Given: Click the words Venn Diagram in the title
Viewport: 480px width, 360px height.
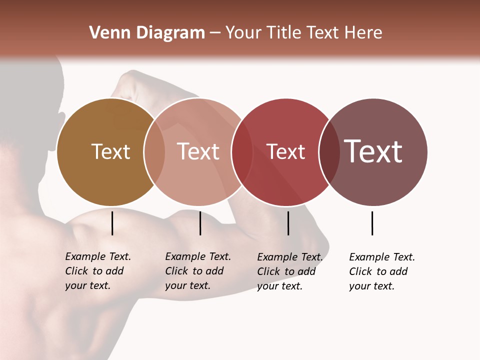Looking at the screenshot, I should click(147, 33).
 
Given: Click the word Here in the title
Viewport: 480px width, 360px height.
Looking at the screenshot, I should click(364, 33).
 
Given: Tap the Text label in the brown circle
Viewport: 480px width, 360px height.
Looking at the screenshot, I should click(110, 151).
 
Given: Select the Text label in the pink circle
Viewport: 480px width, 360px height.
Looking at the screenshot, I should click(198, 151).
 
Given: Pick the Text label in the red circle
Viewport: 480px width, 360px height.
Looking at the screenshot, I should click(285, 152).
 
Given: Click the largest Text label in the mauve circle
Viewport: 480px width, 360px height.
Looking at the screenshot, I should click(373, 151).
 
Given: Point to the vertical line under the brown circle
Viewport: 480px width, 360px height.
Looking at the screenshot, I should click(112, 223).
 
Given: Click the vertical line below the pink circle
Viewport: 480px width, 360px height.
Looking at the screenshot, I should click(200, 223).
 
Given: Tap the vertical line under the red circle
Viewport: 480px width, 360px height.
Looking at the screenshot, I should click(288, 223).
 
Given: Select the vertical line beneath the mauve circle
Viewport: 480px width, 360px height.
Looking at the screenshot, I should click(372, 223).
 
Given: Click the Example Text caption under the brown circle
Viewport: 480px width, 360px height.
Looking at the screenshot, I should click(97, 271).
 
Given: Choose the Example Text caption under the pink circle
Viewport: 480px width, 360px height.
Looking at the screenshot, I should click(197, 271).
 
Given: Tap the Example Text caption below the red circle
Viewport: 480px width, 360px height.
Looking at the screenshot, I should click(289, 271).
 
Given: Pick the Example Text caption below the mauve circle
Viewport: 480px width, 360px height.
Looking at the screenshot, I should click(381, 271).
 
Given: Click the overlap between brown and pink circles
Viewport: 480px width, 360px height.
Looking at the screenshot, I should click(154, 151).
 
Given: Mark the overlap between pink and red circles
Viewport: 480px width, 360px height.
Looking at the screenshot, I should click(242, 151).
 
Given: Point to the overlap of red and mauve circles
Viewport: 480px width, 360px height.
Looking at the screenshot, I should click(329, 151).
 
